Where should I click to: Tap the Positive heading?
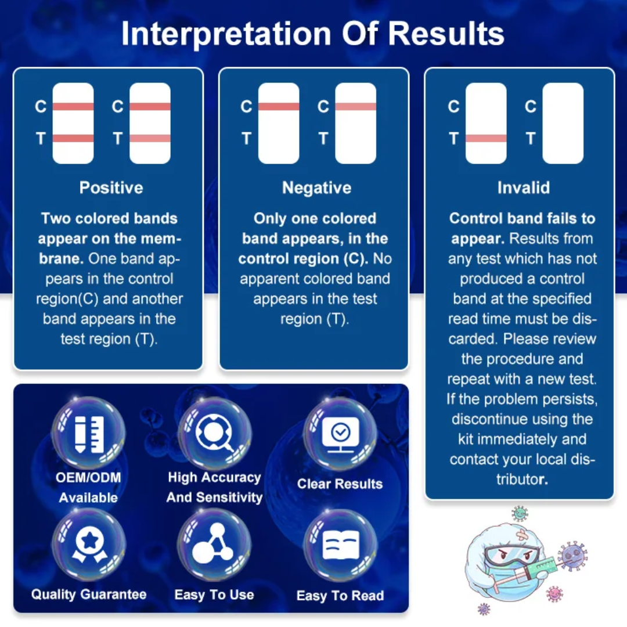click(111, 188)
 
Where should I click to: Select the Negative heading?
click(316, 188)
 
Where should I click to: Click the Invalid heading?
click(523, 188)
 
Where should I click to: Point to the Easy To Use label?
click(214, 595)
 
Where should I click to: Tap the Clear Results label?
click(340, 484)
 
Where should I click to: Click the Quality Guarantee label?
click(89, 594)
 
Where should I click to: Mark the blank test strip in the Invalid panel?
click(563, 123)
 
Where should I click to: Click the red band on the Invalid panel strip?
click(486, 139)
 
